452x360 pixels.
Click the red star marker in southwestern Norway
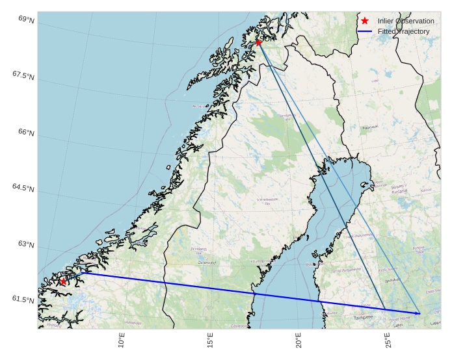point(63,281)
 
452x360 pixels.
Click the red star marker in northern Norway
point(259,42)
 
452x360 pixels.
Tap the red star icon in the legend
point(365,21)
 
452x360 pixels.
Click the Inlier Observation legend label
point(406,21)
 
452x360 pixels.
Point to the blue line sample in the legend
point(365,31)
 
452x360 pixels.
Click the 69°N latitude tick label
point(27,20)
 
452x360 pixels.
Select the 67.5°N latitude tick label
point(23,76)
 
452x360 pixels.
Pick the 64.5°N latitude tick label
point(23,188)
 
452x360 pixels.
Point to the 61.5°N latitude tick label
point(23,300)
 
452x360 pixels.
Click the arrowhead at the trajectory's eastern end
point(418,313)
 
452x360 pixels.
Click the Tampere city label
point(364,318)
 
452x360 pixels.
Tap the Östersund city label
point(207,263)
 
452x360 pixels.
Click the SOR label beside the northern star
point(268,39)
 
